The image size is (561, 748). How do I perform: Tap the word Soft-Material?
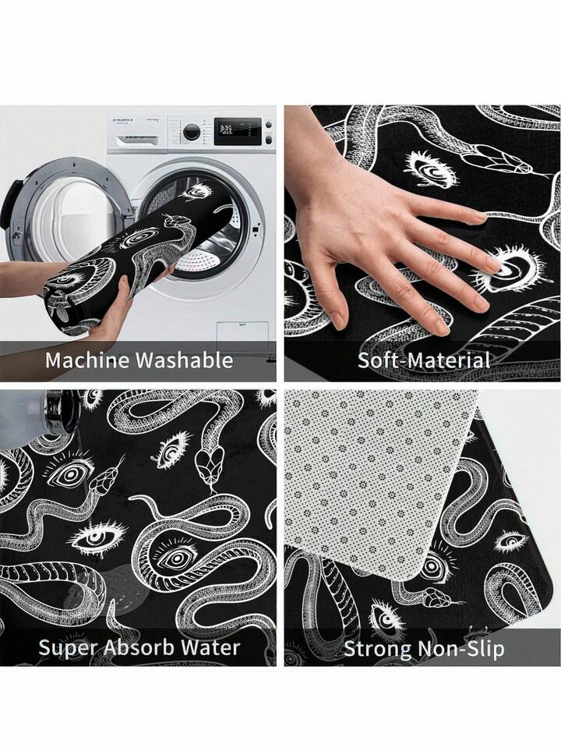point(424,360)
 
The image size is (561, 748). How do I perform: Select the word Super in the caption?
point(68,648)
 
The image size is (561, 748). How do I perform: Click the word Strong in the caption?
point(376,649)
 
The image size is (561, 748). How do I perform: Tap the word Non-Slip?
point(460,649)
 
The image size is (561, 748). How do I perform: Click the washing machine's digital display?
point(238,131)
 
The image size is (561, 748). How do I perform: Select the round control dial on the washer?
point(192,132)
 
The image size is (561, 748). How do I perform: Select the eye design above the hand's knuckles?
point(429,169)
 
